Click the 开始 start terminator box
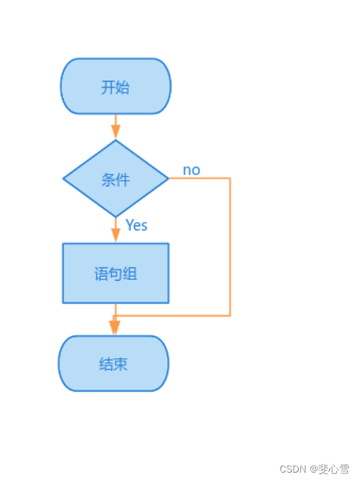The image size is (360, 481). pyautogui.click(x=116, y=87)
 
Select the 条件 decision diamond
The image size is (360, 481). pyautogui.click(x=116, y=179)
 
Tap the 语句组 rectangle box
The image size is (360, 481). pyautogui.click(x=116, y=273)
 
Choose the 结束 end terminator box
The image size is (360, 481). pyautogui.click(x=114, y=364)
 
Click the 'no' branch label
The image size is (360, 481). pyautogui.click(x=191, y=170)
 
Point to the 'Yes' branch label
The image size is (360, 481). pyautogui.click(x=136, y=225)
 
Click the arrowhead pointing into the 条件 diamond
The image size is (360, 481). pyautogui.click(x=116, y=131)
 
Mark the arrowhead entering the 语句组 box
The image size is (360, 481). pyautogui.click(x=116, y=235)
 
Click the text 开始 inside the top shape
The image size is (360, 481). pyautogui.click(x=116, y=87)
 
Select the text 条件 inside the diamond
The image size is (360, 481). pyautogui.click(x=116, y=179)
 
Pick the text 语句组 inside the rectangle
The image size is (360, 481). pyautogui.click(x=116, y=274)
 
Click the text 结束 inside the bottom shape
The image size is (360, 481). pyautogui.click(x=114, y=364)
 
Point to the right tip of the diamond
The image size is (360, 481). pyautogui.click(x=168, y=179)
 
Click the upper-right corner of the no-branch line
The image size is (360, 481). pyautogui.click(x=230, y=179)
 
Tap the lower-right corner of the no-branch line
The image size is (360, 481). pyautogui.click(x=230, y=316)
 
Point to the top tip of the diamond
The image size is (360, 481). pyautogui.click(x=116, y=141)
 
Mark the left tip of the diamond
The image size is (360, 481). pyautogui.click(x=63, y=179)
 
